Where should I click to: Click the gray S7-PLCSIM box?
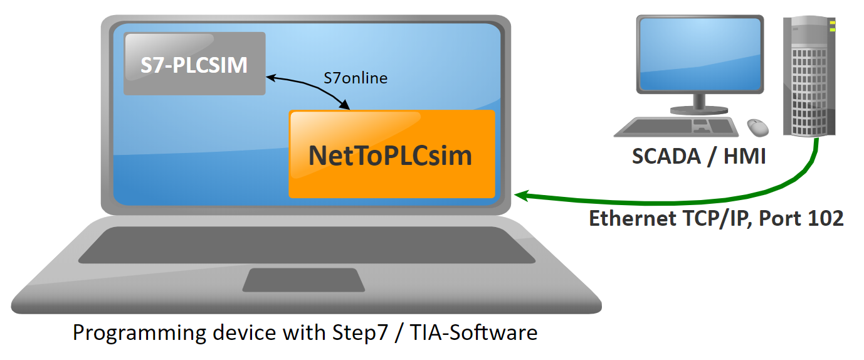coord(194,64)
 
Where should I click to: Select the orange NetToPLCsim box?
coord(391,154)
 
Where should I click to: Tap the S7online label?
coord(356,78)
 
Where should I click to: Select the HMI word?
coord(744,156)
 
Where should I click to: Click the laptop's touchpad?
coord(303,280)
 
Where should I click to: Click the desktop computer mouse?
coord(758,127)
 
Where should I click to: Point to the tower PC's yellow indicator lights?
coord(832,26)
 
